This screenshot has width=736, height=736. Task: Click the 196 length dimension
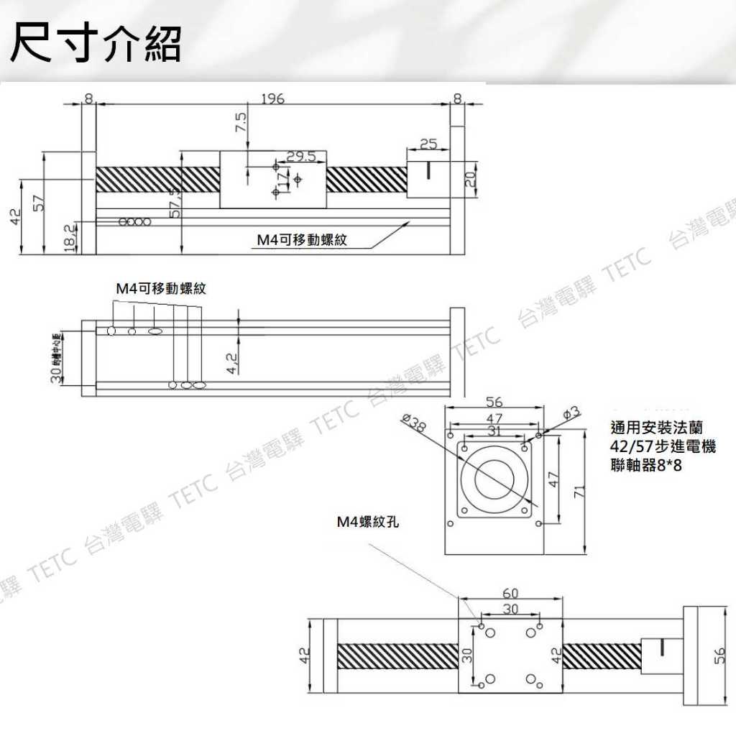(x=272, y=98)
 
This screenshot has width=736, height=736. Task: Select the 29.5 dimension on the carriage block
(x=301, y=156)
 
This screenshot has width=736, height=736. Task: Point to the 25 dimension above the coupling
(x=428, y=144)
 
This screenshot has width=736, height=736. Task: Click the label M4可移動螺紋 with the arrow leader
(x=302, y=240)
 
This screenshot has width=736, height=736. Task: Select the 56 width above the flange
(x=494, y=402)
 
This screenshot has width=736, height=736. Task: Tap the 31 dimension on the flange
(x=494, y=431)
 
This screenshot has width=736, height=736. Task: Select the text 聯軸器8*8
(x=645, y=466)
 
